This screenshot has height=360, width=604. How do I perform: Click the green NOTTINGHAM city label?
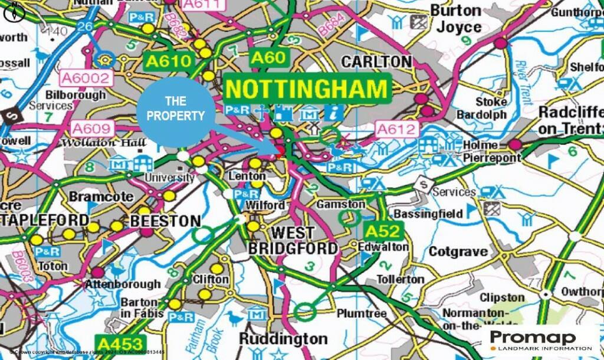point(307,90)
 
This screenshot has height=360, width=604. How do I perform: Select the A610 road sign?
point(168,61)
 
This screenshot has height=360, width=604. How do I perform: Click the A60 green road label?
point(270,58)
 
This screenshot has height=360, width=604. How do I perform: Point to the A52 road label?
point(382,231)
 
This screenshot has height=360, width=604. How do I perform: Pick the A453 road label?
point(120,344)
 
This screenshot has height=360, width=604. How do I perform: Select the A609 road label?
point(91,128)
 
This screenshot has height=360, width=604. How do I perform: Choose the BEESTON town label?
point(165,221)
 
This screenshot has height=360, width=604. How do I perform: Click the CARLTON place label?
point(376,61)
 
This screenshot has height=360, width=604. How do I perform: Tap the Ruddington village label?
point(283,339)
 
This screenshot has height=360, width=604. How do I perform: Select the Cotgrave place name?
point(458,252)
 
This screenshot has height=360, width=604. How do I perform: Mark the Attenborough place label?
point(123,284)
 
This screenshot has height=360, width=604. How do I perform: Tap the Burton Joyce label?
point(455,19)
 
